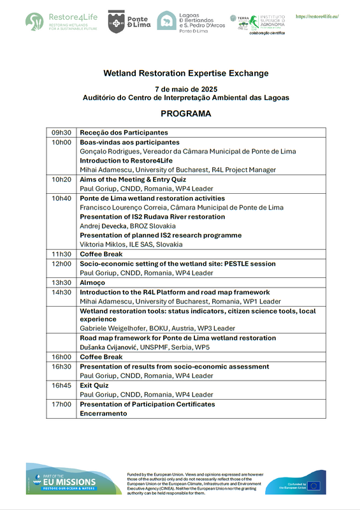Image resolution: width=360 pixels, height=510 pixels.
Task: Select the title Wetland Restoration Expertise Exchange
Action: pyautogui.click(x=185, y=73)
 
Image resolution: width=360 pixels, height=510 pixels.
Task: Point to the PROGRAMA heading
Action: pyautogui.click(x=185, y=114)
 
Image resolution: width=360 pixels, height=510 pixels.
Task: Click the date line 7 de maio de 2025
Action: pyautogui.click(x=185, y=89)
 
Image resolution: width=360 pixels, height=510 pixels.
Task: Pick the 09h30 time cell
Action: pyautogui.click(x=62, y=133)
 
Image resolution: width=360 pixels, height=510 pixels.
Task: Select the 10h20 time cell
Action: pyautogui.click(x=62, y=180)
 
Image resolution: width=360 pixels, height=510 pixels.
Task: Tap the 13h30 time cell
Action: pyautogui.click(x=62, y=282)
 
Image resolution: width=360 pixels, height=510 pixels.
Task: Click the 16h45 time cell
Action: pyautogui.click(x=62, y=386)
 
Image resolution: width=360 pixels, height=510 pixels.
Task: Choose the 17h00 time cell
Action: pyautogui.click(x=62, y=404)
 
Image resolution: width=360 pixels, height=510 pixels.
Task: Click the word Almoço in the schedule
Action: pyautogui.click(x=93, y=282)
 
